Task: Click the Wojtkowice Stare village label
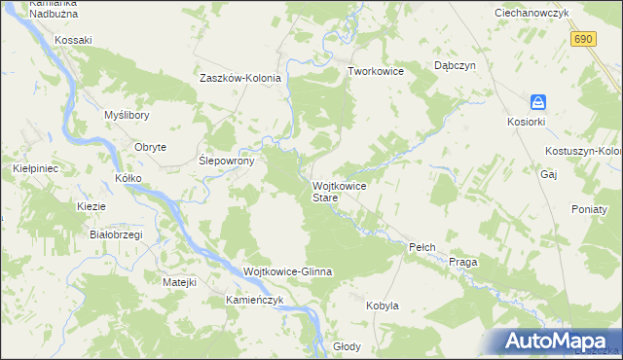[x=339, y=191]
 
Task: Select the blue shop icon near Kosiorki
[x=537, y=102]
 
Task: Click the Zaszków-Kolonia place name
[x=240, y=78]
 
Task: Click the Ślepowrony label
[x=227, y=162]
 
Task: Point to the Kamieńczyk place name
[x=254, y=300]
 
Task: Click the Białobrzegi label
[x=116, y=234]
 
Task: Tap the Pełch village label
[x=420, y=248]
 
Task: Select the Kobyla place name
[x=383, y=306]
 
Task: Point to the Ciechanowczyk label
[x=531, y=13]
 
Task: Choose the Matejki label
[x=180, y=282]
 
